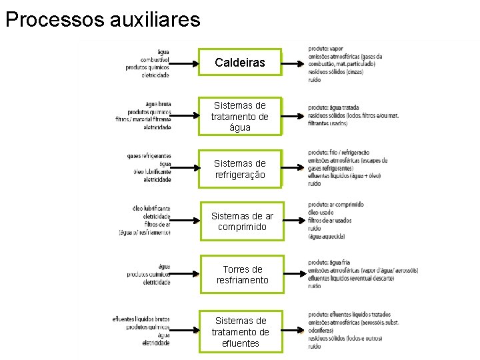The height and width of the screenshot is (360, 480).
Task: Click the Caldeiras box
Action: point(240,63)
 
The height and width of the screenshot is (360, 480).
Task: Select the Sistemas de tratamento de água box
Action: point(240,116)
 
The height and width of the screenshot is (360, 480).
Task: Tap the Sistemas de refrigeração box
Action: point(240,169)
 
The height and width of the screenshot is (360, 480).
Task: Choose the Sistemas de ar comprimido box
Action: point(241,221)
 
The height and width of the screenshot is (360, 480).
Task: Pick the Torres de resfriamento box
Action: point(241,275)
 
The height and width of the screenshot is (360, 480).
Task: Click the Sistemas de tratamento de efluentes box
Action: point(240,332)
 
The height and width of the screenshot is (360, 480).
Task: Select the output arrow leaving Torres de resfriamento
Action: point(293,274)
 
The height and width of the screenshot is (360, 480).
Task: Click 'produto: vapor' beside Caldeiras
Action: point(326,48)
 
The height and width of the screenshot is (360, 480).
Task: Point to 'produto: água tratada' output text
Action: point(333,107)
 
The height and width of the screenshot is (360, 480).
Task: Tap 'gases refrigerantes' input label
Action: point(149,156)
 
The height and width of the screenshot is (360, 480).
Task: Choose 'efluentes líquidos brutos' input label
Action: point(141,319)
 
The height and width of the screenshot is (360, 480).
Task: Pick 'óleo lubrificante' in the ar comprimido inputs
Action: point(151,209)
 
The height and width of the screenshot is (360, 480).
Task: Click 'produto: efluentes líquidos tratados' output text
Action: point(349,314)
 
